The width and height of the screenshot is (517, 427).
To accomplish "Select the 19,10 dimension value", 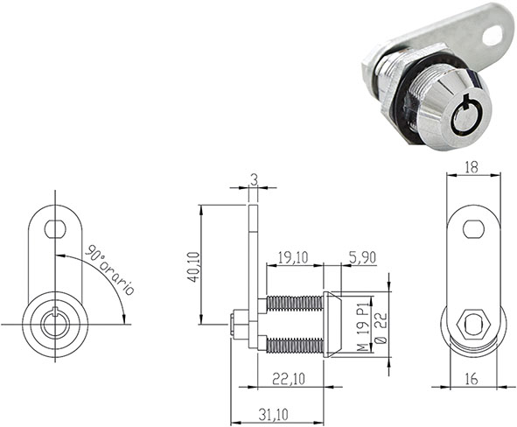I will (292, 258).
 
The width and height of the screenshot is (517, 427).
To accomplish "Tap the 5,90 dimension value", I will (361, 258).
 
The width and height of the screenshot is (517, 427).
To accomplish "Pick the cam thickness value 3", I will (253, 179).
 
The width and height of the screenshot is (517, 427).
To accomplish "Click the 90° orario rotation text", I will (108, 269).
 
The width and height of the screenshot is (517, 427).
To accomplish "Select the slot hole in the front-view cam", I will (55, 227).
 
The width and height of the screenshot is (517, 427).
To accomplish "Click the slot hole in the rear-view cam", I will (473, 228).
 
